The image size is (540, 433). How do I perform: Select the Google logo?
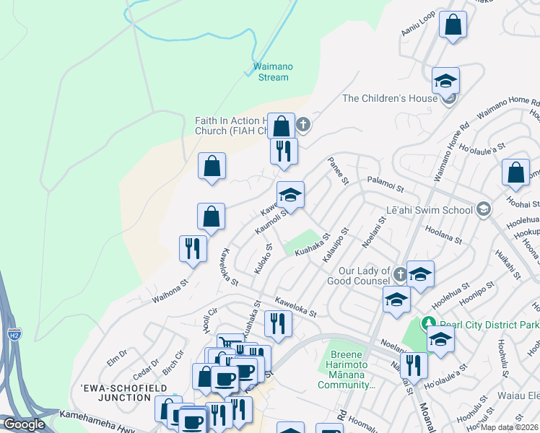tap(23, 424)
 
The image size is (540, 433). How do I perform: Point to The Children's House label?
tap(390, 98)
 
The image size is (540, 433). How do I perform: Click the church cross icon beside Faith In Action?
tap(304, 125)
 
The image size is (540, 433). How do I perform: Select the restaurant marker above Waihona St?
tap(193, 249)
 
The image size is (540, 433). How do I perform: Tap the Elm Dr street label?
tap(116, 355)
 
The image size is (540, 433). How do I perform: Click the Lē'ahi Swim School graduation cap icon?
tap(483, 209)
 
